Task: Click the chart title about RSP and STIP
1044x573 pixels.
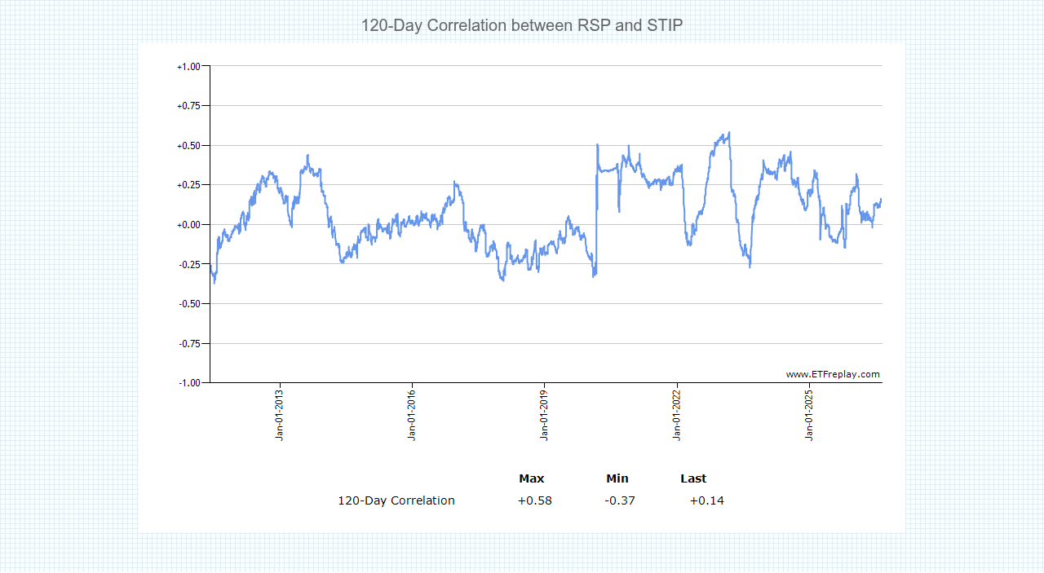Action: (522, 25)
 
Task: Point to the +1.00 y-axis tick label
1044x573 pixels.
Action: (188, 67)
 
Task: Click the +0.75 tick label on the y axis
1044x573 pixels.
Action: (188, 106)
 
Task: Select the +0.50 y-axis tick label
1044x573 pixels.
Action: (188, 146)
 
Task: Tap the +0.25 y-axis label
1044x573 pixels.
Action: (188, 185)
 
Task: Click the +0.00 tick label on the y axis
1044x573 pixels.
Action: (188, 225)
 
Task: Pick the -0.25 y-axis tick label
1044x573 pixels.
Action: (189, 265)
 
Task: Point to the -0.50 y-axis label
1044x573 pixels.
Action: (189, 304)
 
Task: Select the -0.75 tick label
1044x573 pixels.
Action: (189, 344)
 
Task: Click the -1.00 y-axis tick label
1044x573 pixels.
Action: (189, 383)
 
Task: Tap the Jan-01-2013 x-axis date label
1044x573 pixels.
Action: (279, 415)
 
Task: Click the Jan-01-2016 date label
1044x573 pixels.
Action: (412, 415)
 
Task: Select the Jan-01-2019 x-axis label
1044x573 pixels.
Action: (544, 415)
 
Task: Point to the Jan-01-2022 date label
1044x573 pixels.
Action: (677, 415)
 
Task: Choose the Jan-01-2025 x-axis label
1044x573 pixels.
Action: (809, 415)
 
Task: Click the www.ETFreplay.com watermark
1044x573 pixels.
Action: (833, 374)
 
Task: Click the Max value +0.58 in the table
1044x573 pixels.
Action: (534, 500)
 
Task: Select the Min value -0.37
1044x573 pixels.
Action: (620, 500)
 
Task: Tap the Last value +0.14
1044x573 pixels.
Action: (706, 500)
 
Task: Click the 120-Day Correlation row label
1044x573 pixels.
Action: (396, 500)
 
